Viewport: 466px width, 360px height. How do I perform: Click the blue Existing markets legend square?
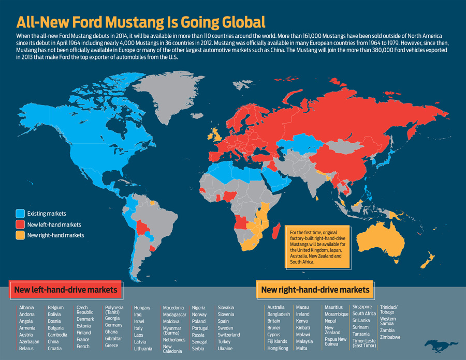(x=20, y=213)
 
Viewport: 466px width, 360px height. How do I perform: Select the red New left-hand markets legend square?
(x=20, y=224)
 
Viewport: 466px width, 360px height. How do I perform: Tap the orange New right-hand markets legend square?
(x=20, y=235)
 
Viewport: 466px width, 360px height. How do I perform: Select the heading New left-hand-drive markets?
(x=65, y=290)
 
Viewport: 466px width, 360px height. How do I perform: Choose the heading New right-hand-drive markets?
(x=315, y=290)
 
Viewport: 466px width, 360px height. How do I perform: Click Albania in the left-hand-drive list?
(x=26, y=308)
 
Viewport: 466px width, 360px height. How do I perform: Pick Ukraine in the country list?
(x=225, y=348)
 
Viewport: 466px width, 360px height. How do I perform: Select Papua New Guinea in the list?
(x=336, y=342)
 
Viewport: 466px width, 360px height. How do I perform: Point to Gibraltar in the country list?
(x=114, y=338)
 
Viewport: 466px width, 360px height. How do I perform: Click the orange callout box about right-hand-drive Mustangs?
(x=317, y=246)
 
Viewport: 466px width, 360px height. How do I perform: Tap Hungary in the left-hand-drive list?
(x=142, y=308)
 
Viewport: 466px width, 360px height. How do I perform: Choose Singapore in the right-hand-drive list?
(x=362, y=307)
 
